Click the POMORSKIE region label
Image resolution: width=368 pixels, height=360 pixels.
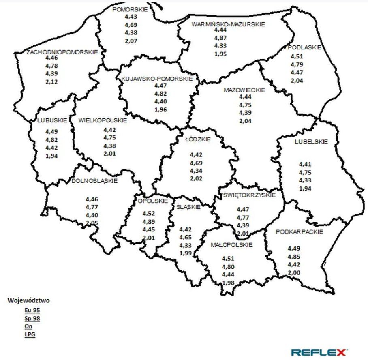coord(130,9)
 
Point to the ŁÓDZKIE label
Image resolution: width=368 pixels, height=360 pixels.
coord(197,139)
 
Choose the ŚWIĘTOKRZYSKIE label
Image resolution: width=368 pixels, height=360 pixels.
coord(249,195)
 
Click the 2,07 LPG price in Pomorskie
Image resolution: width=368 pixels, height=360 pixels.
coord(131,41)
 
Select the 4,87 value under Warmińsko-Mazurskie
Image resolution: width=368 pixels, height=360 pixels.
coord(220,38)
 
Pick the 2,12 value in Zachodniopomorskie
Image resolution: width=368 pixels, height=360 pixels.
coord(51,81)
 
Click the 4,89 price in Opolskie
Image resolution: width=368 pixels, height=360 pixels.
coord(149,221)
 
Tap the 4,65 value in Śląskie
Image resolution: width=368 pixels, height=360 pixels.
coord(186,237)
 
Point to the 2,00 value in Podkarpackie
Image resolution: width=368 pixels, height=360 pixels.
coord(294,273)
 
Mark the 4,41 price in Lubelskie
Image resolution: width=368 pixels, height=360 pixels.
coord(305,165)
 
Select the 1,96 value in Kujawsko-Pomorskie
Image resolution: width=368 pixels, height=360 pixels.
coord(161,109)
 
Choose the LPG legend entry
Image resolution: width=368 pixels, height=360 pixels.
coord(30,334)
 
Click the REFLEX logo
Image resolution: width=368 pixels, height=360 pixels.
coord(319,351)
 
